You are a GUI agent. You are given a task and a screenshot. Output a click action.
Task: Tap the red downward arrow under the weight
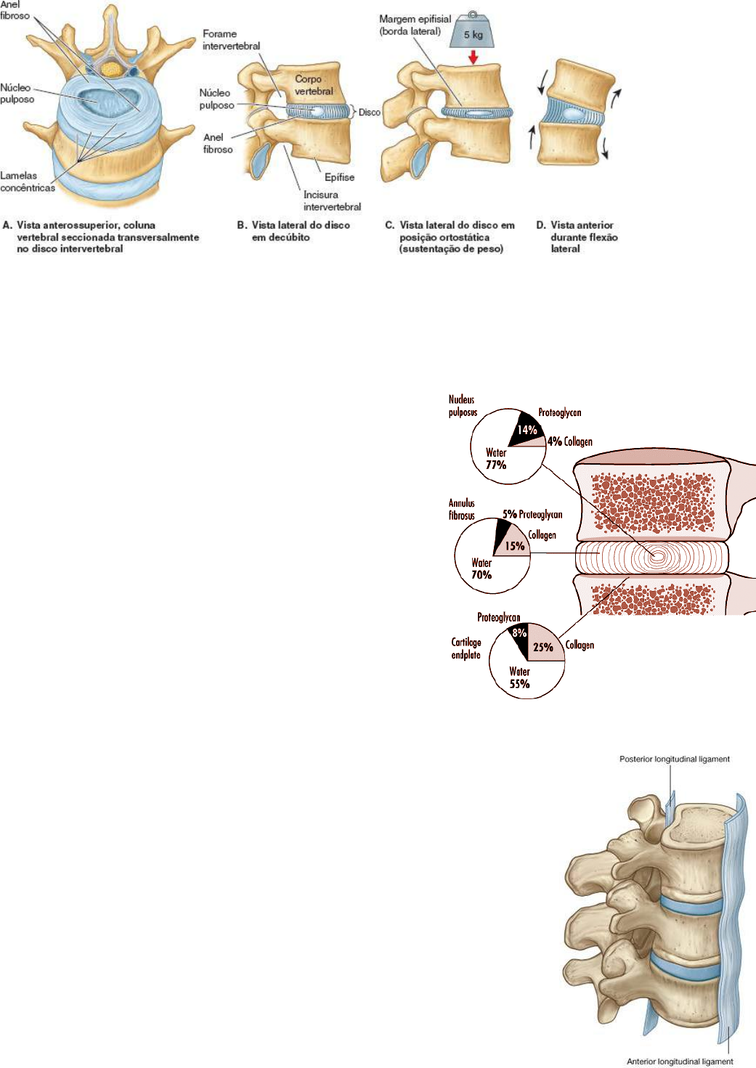click(473, 57)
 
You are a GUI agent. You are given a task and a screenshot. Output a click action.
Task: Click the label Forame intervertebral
click(231, 40)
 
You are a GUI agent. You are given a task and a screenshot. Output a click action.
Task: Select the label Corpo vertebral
click(313, 85)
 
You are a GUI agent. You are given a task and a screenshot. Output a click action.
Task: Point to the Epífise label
click(339, 177)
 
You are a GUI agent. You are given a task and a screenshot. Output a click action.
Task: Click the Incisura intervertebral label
click(331, 200)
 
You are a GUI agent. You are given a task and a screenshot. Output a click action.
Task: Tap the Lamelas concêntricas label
click(27, 182)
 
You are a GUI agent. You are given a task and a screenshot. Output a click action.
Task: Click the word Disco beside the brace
click(369, 113)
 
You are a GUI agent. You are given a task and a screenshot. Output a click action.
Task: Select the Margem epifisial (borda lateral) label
click(414, 25)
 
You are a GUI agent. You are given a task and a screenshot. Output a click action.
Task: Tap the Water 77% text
click(496, 459)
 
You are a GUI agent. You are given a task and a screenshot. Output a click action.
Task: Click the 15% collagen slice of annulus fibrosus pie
click(515, 545)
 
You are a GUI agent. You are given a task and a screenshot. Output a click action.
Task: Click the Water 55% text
click(519, 677)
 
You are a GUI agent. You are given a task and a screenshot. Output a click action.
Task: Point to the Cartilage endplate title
click(466, 648)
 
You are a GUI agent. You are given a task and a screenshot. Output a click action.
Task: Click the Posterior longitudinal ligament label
click(674, 759)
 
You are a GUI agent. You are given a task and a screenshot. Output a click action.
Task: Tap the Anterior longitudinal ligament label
click(680, 1061)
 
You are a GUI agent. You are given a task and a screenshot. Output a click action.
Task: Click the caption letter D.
click(540, 225)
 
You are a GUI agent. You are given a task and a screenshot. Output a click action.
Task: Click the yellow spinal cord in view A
click(110, 68)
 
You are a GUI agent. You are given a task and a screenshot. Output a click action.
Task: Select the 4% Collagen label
click(570, 441)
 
